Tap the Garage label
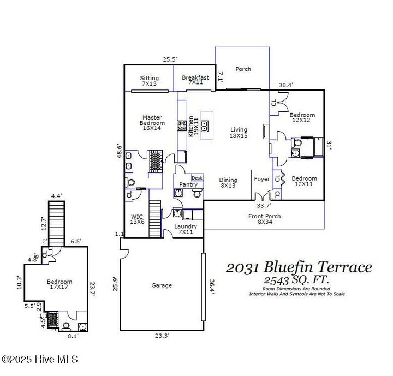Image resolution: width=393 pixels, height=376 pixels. (162, 285)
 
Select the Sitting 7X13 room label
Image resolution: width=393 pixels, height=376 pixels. (149, 81)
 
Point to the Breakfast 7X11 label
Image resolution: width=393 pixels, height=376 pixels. (195, 80)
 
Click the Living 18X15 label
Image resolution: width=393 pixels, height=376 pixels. (239, 132)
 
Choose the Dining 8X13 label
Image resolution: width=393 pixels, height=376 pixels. (228, 183)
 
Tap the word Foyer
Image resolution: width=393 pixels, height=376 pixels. (262, 179)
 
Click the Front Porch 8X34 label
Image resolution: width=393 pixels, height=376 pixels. (265, 219)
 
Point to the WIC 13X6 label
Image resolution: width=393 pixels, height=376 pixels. (137, 219)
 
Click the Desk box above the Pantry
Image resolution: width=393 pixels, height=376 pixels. (197, 178)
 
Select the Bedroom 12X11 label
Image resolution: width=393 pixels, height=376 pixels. (304, 182)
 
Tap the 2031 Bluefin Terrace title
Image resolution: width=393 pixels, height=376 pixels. (299, 267)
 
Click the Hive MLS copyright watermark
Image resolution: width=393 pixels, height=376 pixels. (39, 359)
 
